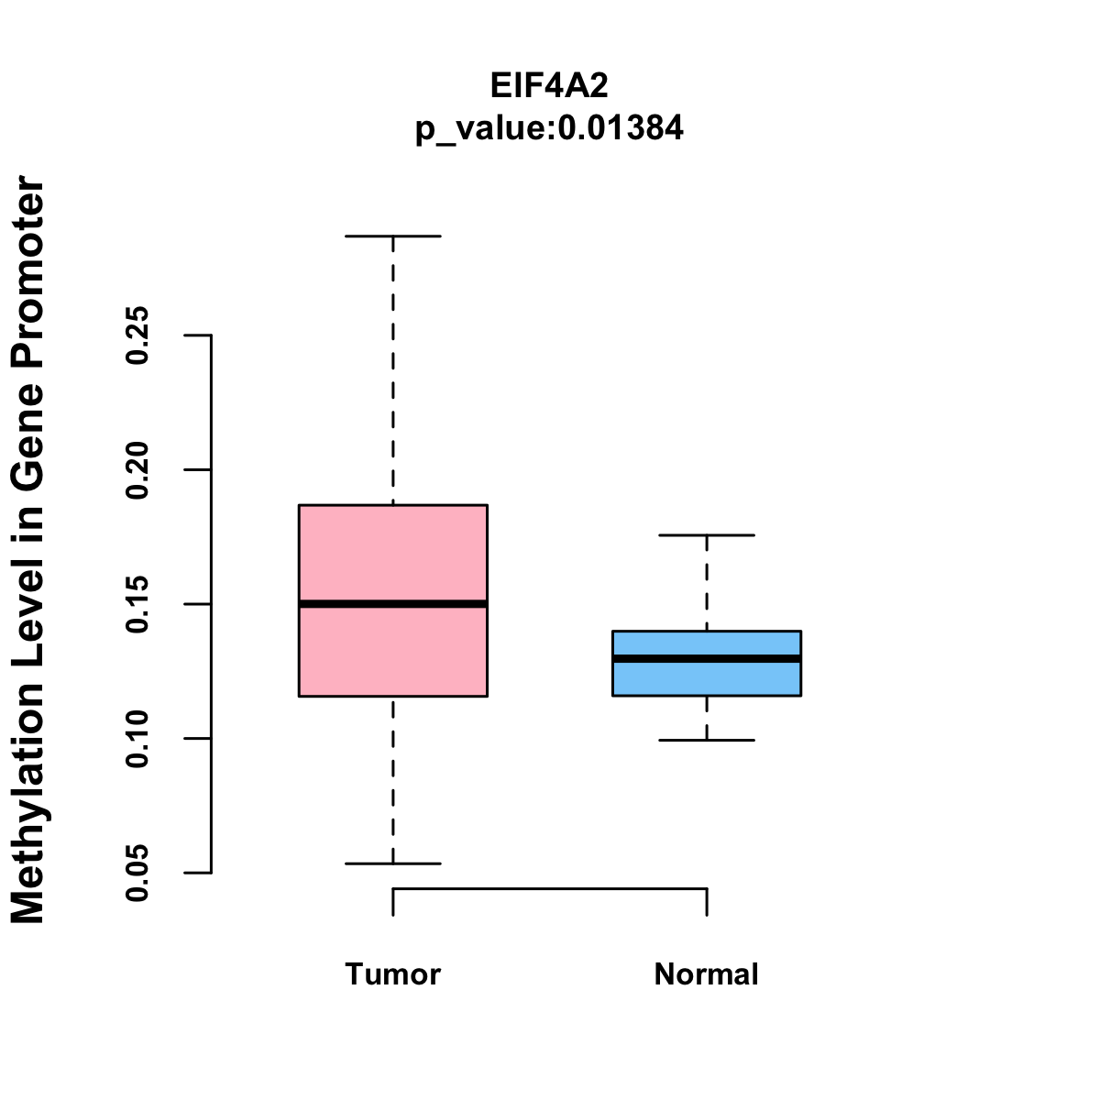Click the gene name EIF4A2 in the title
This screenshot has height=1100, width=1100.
(x=549, y=86)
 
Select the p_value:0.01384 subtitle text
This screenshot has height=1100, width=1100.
(x=549, y=128)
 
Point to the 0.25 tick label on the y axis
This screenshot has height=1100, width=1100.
(x=137, y=335)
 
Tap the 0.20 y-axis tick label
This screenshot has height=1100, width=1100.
(x=137, y=470)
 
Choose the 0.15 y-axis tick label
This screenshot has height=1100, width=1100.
(x=137, y=605)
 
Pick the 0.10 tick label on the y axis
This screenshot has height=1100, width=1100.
(x=137, y=739)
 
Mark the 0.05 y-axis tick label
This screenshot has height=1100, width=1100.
(x=137, y=873)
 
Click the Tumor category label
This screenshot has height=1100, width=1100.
(x=393, y=974)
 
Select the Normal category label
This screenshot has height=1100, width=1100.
(x=707, y=974)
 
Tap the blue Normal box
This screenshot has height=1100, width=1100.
(x=707, y=679)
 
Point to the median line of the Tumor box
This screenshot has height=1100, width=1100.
(x=393, y=604)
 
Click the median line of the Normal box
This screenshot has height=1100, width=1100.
(x=707, y=659)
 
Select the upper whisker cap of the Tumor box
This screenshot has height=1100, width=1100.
(x=393, y=236)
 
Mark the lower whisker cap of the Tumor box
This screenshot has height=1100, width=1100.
(x=393, y=863)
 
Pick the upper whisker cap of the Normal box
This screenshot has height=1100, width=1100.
(x=707, y=535)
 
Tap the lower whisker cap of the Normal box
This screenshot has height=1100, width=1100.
(x=707, y=740)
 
